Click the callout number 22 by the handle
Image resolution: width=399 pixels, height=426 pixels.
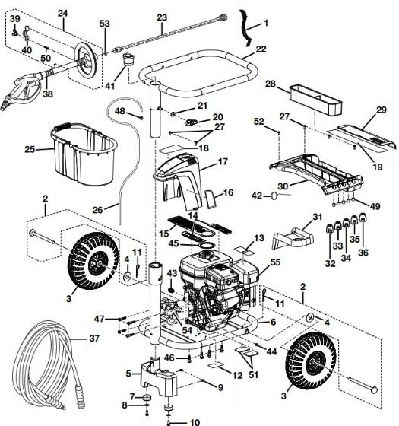point(261,49)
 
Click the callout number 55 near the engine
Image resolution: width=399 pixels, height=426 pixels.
point(274,261)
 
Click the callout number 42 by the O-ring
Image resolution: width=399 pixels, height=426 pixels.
point(257,196)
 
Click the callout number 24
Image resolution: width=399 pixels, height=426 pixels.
point(62,14)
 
